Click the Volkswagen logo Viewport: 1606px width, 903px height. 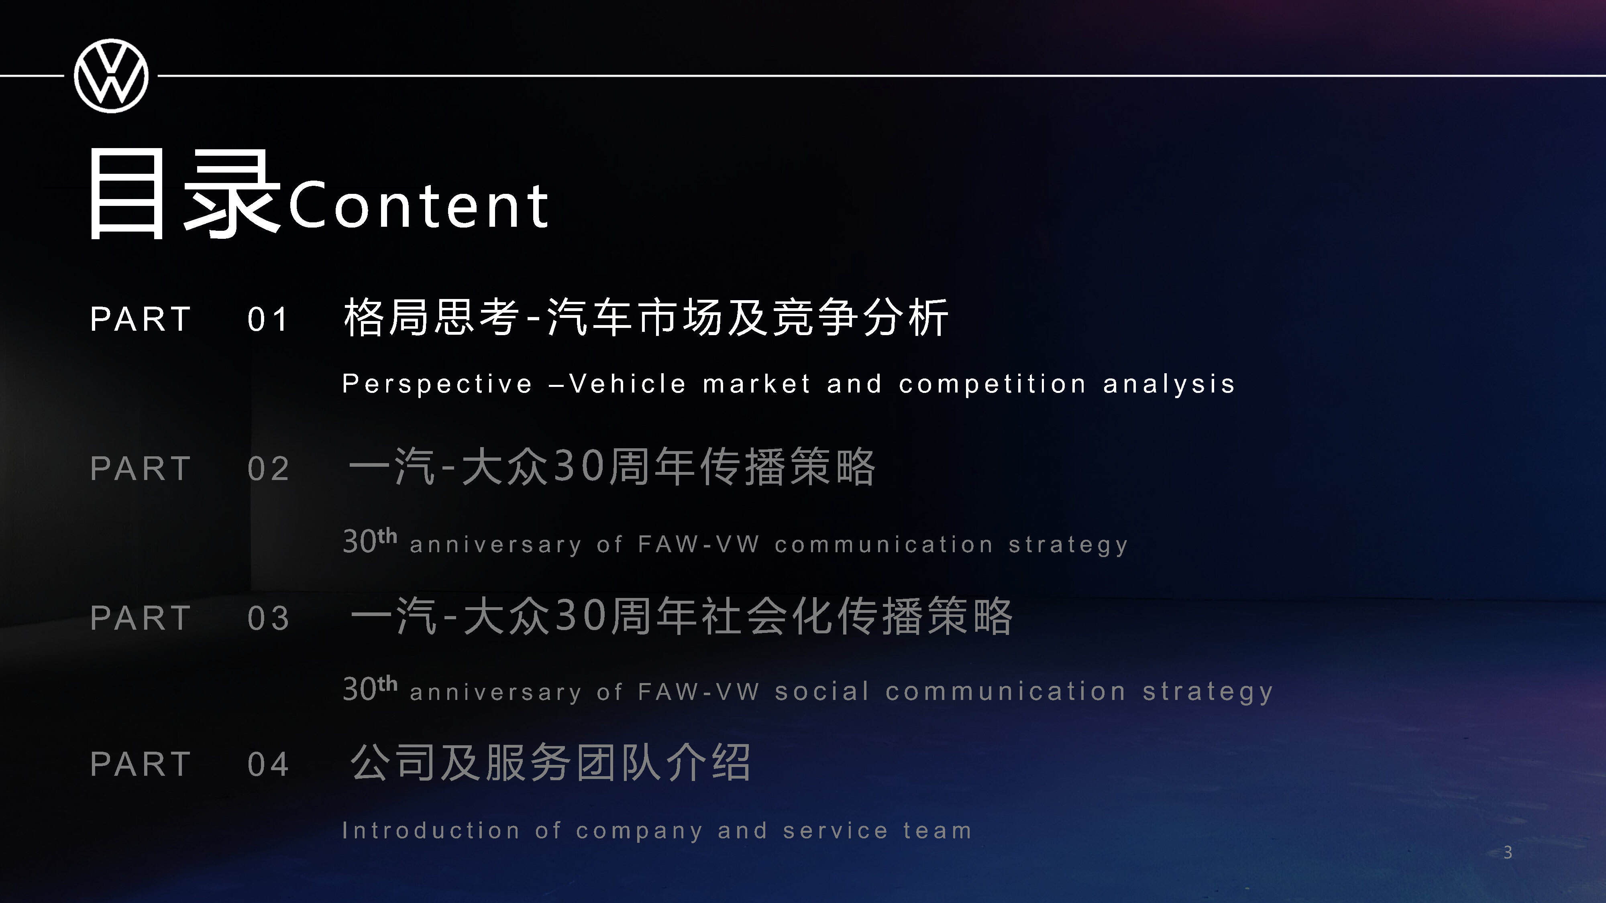[x=111, y=76]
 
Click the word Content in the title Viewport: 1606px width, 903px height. [x=419, y=205]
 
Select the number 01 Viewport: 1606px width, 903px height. [x=268, y=320]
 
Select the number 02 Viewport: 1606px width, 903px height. [x=268, y=469]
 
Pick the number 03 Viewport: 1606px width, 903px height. [x=268, y=618]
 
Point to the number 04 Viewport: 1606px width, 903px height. [x=268, y=764]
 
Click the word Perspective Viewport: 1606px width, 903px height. [x=438, y=384]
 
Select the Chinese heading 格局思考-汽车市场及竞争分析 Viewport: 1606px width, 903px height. [x=646, y=317]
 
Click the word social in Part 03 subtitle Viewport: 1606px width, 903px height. [x=822, y=691]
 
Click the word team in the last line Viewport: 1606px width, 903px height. [x=938, y=831]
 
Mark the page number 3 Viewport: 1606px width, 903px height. [x=1508, y=852]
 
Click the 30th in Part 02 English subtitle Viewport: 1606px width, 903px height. [x=370, y=540]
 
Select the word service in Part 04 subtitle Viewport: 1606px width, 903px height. [x=836, y=831]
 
